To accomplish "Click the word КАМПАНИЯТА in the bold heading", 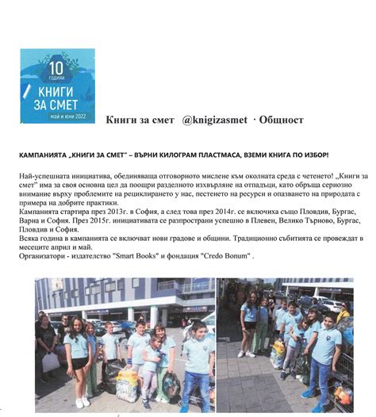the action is [x=44, y=155].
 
